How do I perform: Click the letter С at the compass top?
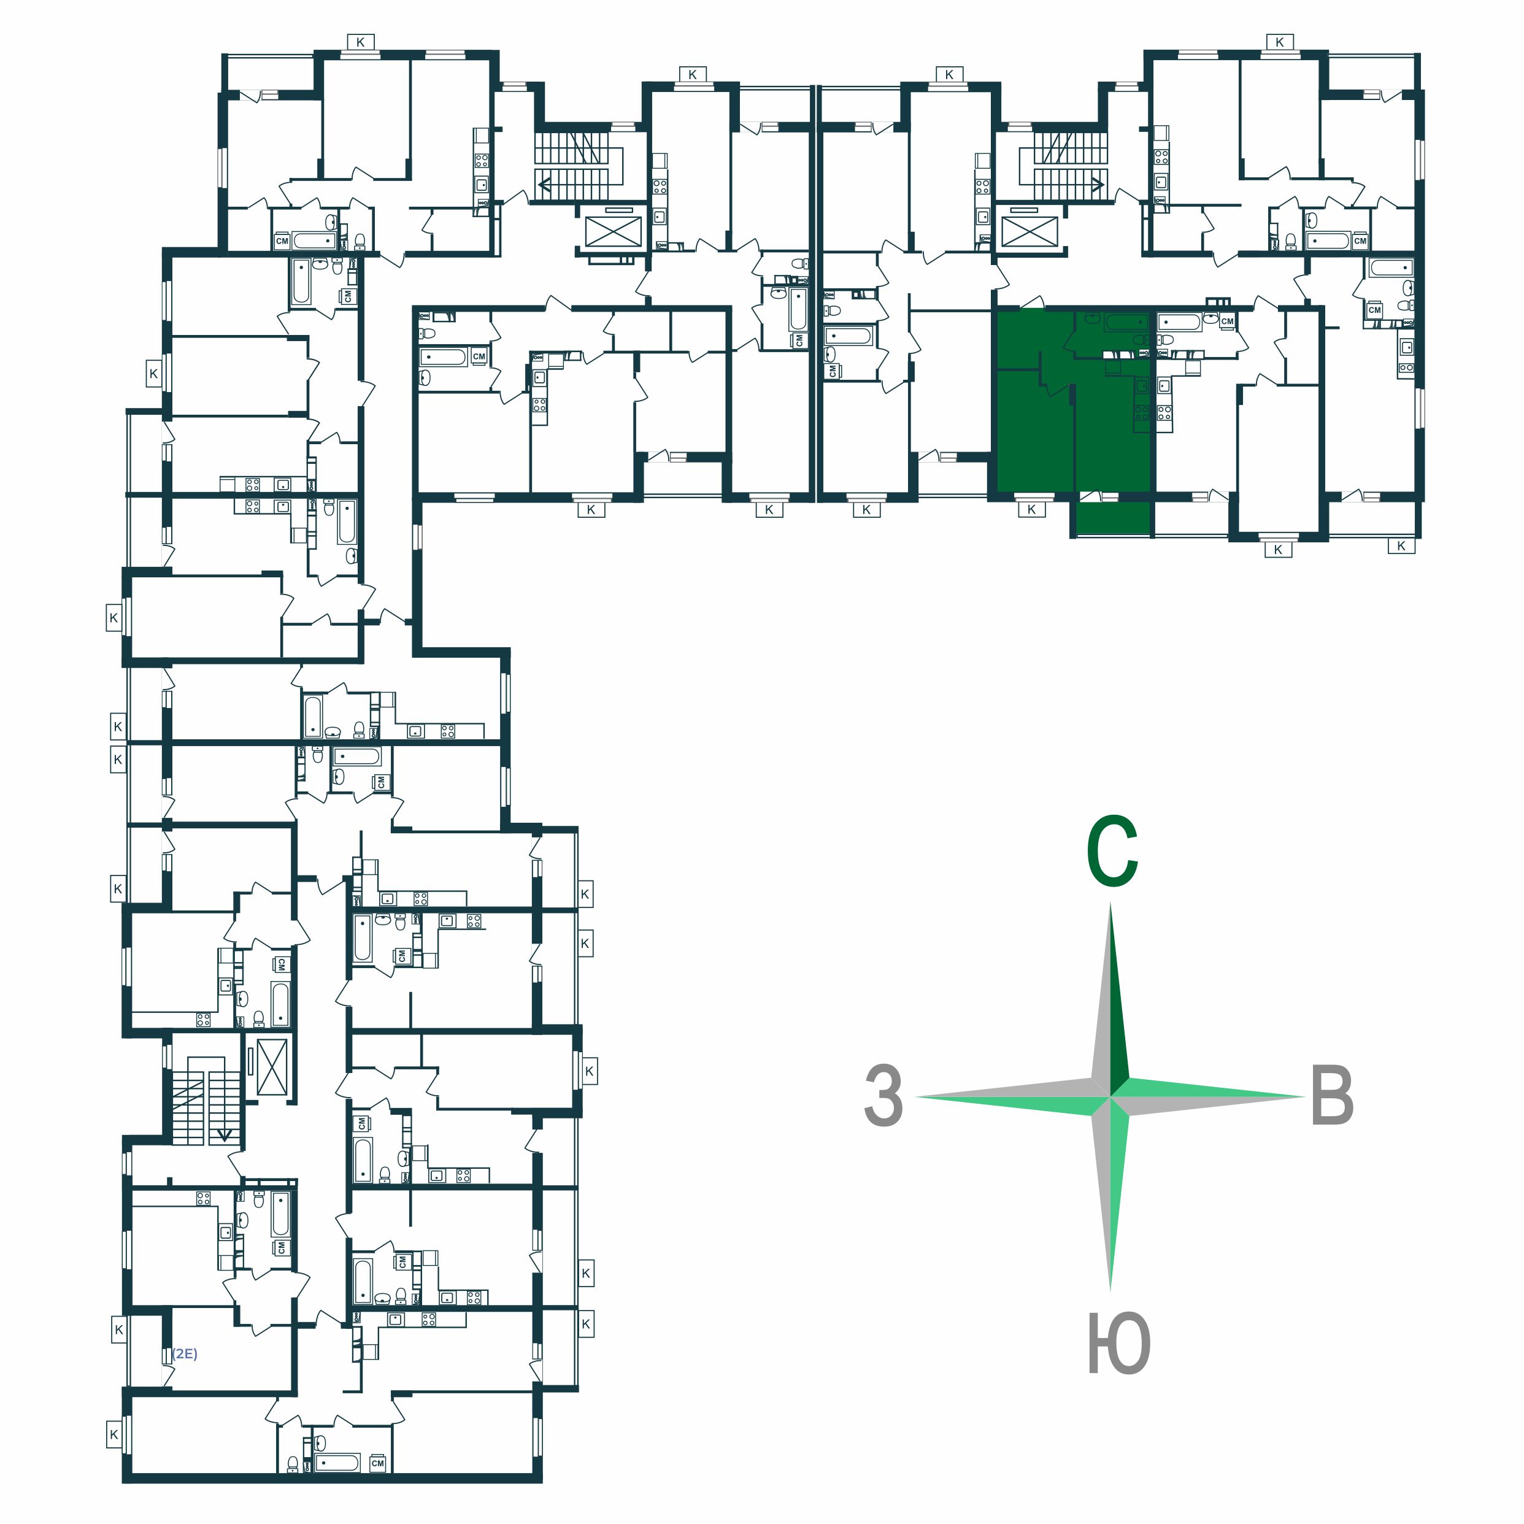pos(1112,852)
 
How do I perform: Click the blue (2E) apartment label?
pos(185,1353)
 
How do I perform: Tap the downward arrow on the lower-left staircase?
pos(225,1134)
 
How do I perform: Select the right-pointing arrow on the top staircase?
pos(1096,186)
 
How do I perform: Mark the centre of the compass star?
pos(1110,1096)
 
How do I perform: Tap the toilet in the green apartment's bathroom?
pos(1091,318)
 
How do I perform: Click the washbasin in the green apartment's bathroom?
pos(1141,341)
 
